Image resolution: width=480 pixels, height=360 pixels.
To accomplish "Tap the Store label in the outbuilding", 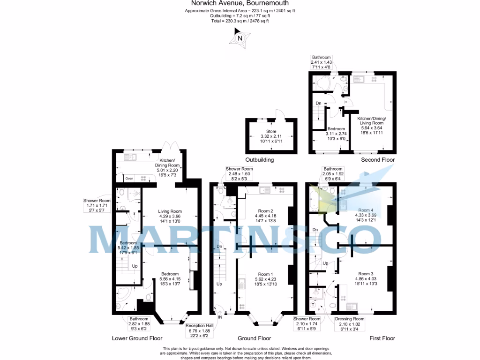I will click(271, 131).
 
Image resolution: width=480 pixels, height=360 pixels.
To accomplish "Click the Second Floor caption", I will click(378, 160).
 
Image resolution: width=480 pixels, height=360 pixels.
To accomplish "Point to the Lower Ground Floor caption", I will click(137, 338).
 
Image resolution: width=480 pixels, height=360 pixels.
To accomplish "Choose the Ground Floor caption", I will click(254, 338).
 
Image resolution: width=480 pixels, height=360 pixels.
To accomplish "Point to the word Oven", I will click(128, 179).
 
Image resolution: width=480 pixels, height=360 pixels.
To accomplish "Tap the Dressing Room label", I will click(349, 319).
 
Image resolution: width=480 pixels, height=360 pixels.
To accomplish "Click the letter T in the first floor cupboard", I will click(314, 304).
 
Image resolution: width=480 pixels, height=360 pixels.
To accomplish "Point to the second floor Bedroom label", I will click(336, 128).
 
